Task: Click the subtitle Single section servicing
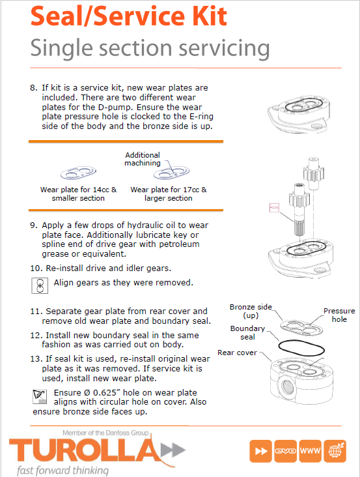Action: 150,48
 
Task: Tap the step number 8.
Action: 33,88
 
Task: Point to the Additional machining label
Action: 142,159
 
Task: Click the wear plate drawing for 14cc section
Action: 78,173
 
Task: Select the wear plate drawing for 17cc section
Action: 171,173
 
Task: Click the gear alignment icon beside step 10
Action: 40,285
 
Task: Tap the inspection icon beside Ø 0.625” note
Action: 40,397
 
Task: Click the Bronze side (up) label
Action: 251,311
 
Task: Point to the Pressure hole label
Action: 339,315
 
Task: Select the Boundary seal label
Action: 247,332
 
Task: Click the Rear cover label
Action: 237,353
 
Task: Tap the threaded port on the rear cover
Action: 286,386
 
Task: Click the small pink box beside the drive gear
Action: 274,208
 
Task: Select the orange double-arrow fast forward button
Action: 260,451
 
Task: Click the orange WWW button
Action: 310,451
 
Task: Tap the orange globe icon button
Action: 335,451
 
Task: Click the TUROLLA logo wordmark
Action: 85,450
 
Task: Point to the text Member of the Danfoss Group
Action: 105,433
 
